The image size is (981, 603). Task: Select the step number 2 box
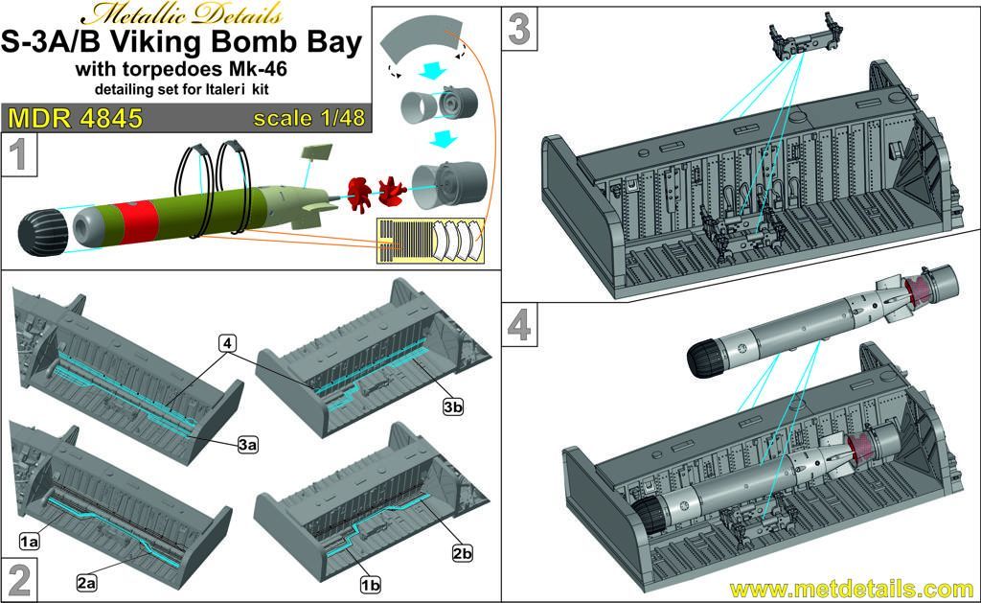tap(20, 579)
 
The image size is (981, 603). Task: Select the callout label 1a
tap(27, 542)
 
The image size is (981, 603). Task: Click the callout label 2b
tap(462, 554)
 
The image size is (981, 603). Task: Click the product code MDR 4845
tap(75, 120)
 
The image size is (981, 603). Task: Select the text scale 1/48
tap(308, 120)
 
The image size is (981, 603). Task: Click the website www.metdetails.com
tap(851, 588)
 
